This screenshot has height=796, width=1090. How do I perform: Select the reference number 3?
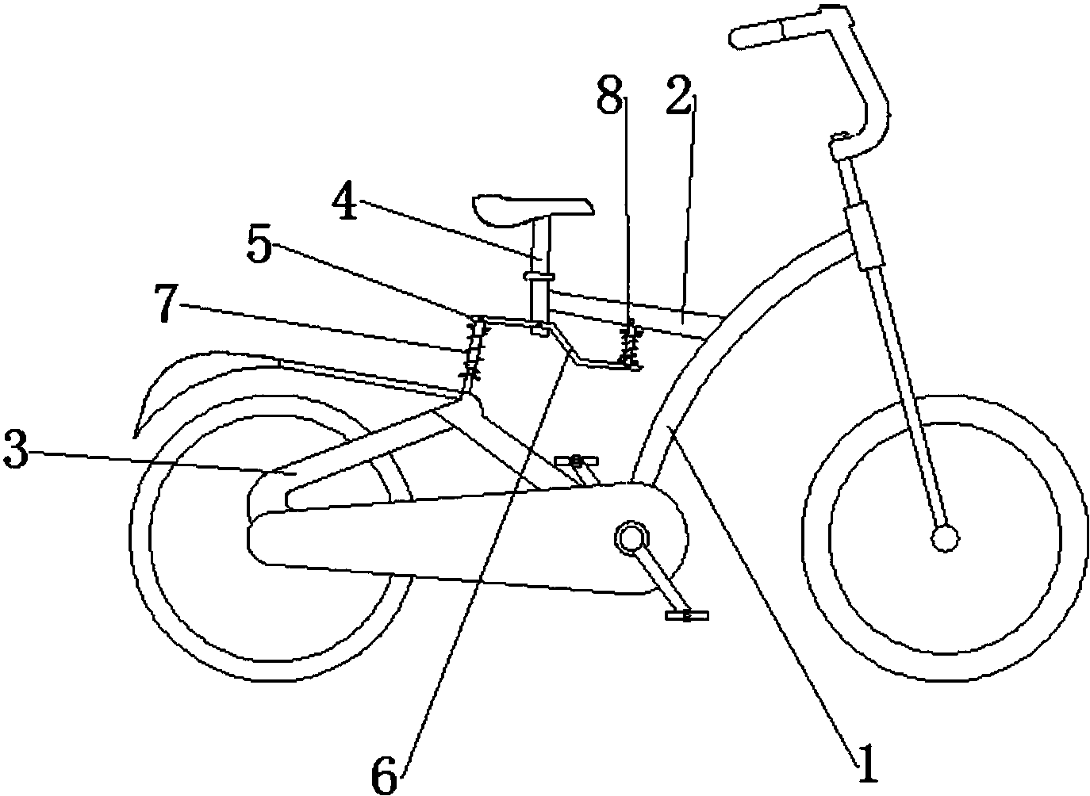(16, 452)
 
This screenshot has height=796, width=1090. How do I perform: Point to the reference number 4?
(346, 200)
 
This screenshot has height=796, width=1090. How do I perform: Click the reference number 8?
(610, 95)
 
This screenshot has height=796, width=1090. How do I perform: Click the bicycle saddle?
(533, 209)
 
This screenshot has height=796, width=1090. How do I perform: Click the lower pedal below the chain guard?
(686, 615)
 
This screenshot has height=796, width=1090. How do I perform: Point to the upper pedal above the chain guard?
(577, 460)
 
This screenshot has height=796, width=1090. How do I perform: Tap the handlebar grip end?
(756, 37)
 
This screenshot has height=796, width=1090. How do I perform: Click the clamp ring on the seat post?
(539, 276)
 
